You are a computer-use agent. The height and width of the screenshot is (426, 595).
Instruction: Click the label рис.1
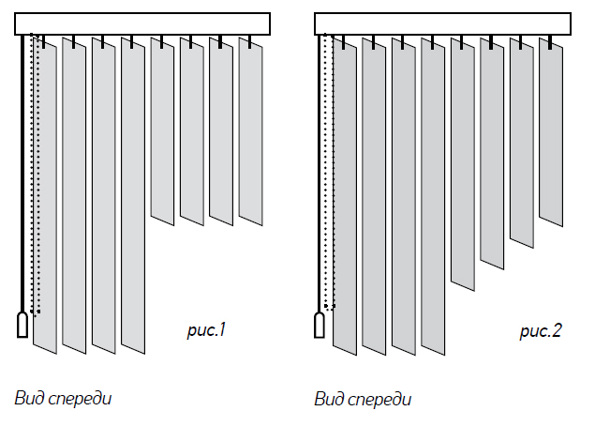(x=208, y=330)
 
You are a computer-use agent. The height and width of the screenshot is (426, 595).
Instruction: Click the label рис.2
(x=541, y=330)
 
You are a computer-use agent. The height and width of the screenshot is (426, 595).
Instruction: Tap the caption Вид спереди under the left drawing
(x=64, y=398)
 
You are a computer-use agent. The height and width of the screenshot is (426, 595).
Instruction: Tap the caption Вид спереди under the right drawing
(x=364, y=399)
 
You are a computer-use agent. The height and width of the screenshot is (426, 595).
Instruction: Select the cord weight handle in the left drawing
(x=22, y=325)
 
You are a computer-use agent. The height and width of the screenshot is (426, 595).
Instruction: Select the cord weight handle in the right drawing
(x=321, y=325)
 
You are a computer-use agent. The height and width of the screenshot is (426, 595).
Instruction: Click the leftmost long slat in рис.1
(x=45, y=197)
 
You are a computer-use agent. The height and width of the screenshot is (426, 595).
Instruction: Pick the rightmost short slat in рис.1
(x=251, y=131)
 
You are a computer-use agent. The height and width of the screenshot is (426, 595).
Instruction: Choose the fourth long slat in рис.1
(x=133, y=197)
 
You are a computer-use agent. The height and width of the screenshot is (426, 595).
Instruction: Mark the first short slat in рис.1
(x=162, y=131)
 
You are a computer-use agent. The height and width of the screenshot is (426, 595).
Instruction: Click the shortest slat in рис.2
(x=550, y=131)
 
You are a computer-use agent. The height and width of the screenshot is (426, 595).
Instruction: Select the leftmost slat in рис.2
(x=345, y=197)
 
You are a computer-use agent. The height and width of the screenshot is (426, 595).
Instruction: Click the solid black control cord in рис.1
(x=22, y=178)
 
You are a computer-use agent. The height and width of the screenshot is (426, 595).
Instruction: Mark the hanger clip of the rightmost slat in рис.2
(x=550, y=42)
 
